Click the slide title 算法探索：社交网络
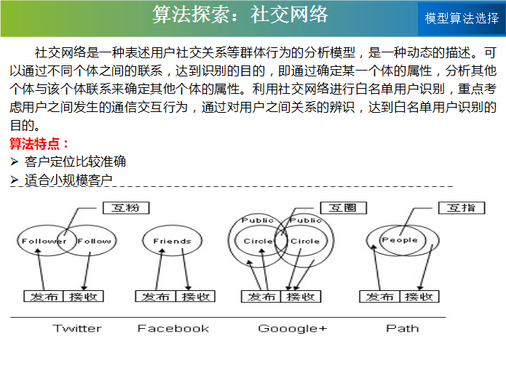[x=240, y=15]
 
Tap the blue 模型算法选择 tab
[x=462, y=19]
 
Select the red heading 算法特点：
[x=39, y=144]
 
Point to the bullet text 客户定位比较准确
[x=75, y=161]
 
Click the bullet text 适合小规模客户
[x=68, y=180]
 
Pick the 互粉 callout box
[x=126, y=208]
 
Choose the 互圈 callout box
[x=344, y=208]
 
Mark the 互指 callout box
[x=462, y=208]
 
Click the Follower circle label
[x=44, y=241]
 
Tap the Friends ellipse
[x=173, y=241]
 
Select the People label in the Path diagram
[x=400, y=240]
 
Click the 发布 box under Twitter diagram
[x=44, y=296]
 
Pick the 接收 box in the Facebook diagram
[x=195, y=296]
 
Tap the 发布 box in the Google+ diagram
[x=261, y=296]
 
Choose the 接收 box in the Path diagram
[x=419, y=296]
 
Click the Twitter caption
[x=77, y=328]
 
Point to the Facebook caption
[x=173, y=328]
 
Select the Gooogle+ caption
[x=293, y=329]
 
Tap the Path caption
[x=403, y=328]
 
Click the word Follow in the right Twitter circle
[x=94, y=241]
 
